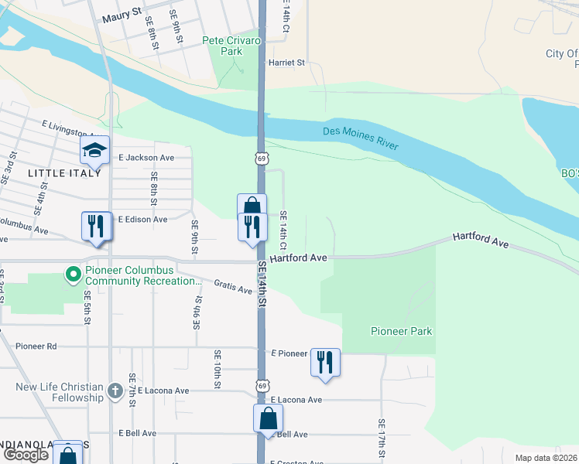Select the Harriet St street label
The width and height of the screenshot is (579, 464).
click(286, 63)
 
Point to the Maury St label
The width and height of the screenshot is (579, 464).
click(125, 12)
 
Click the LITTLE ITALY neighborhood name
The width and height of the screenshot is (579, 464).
click(64, 173)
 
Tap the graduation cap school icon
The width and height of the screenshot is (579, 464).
click(94, 151)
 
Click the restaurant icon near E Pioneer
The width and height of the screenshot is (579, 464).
click(325, 362)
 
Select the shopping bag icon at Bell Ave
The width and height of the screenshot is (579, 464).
click(268, 418)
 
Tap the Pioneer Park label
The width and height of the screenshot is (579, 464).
click(401, 331)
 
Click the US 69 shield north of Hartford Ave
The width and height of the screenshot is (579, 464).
click(262, 158)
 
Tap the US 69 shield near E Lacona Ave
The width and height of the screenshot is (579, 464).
click(263, 385)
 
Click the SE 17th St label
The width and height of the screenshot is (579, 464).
click(382, 438)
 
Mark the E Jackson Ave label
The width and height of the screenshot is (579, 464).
click(146, 157)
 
